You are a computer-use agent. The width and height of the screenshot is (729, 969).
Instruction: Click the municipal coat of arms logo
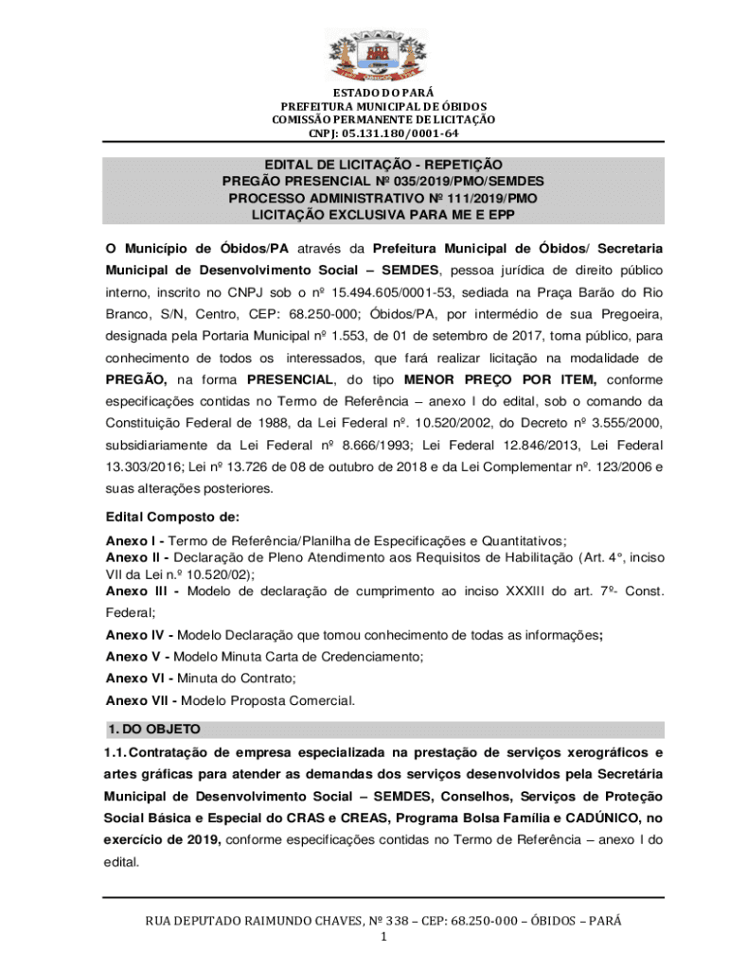tap(383, 49)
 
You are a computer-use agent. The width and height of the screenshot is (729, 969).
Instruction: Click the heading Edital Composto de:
tap(172, 518)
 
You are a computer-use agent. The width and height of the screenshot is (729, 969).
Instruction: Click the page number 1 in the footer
tap(383, 938)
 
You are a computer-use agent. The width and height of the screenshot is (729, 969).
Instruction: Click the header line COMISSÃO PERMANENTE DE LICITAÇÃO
tap(383, 119)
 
